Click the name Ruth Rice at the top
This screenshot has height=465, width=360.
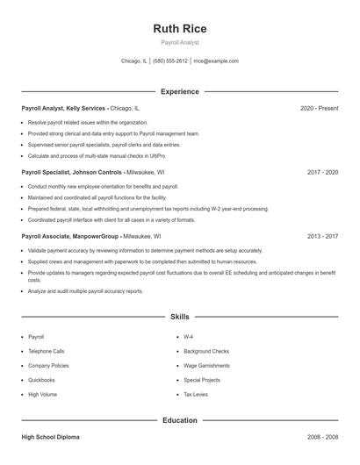pos(179,29)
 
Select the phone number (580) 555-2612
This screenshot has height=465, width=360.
pos(170,61)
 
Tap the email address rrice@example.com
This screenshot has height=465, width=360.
pos(216,61)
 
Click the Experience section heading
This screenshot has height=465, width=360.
pos(179,91)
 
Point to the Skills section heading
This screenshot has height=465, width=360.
pos(179,316)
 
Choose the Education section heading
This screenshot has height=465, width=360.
pos(179,420)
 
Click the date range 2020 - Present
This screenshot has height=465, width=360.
pos(319,108)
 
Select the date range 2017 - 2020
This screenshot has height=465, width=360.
pos(322,173)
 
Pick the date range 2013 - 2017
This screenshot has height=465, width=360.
pos(322,236)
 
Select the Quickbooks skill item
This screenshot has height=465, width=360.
pos(41,380)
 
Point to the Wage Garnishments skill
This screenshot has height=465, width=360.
pos(206,366)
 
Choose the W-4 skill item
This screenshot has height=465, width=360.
pos(189,337)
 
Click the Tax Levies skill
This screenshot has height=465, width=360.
pos(196,395)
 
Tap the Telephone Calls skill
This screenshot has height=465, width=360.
pos(47,351)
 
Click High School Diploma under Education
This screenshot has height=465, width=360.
pos(51,437)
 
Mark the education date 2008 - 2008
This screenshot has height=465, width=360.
pos(322,437)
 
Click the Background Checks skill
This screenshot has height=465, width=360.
pos(206,351)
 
